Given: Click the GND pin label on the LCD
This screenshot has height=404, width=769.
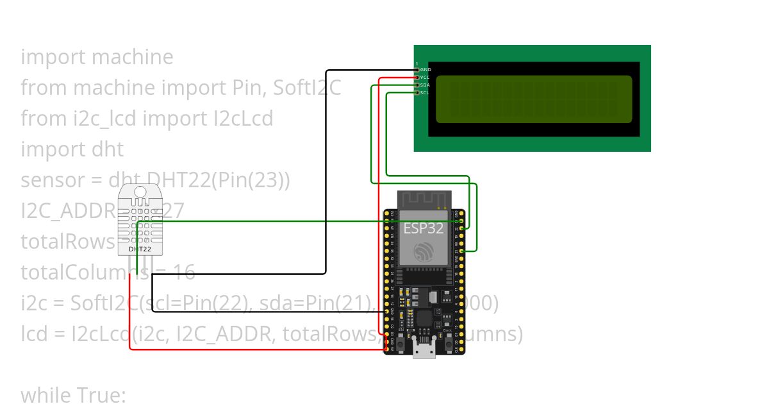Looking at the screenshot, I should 426,69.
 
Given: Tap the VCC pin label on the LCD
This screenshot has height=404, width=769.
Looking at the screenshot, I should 425,77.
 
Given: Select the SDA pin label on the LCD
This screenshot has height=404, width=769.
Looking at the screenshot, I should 425,85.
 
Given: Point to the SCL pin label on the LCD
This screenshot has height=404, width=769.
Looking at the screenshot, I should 425,92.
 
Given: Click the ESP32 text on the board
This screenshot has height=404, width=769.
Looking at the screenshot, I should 423,228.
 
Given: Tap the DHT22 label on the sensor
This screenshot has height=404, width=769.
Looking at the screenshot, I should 140,249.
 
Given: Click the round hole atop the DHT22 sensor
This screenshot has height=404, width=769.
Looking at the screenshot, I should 140,191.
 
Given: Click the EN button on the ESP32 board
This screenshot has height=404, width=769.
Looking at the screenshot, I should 401,344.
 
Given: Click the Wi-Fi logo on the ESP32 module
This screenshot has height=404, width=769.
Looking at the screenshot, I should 424,252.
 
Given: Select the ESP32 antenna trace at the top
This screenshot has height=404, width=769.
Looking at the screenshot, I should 424,199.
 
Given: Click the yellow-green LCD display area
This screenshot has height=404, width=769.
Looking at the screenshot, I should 533,99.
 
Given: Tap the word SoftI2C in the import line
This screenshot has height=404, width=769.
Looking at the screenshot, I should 307,87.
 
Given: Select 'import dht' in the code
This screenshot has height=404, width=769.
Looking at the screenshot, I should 72,149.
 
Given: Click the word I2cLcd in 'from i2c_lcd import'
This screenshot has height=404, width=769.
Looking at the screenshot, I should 242,118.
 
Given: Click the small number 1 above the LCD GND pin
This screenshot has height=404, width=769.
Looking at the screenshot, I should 417,63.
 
